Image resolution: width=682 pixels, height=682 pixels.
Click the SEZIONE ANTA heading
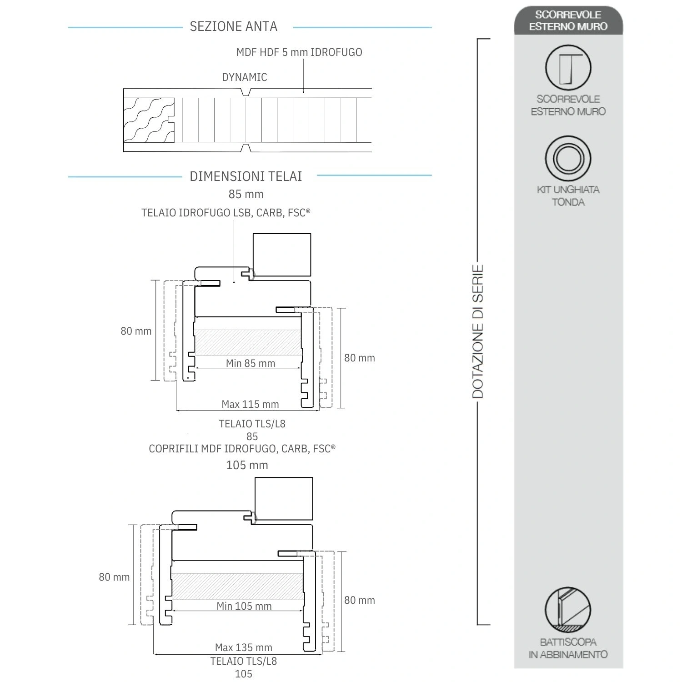click(233, 26)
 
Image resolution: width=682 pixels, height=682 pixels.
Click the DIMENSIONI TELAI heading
click(246, 176)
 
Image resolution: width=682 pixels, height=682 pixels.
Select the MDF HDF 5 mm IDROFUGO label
click(299, 52)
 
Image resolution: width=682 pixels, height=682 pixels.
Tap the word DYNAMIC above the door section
click(244, 77)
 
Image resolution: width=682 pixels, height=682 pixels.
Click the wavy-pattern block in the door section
click(149, 120)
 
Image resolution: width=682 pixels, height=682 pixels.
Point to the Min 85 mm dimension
click(250, 363)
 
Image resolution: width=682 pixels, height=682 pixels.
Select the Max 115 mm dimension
click(250, 404)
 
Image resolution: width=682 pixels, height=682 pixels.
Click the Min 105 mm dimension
click(244, 606)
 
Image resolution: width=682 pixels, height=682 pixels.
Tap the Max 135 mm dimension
click(243, 647)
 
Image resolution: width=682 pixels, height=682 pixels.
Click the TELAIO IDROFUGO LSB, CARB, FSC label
click(226, 213)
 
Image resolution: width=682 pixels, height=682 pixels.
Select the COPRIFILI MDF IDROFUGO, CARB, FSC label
click(242, 449)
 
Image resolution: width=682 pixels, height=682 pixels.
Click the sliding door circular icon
click(568, 68)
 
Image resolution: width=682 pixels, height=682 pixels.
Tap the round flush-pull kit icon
click(568, 158)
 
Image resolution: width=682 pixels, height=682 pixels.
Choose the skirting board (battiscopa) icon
click(568, 610)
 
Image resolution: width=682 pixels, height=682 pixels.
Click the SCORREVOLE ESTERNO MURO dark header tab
click(568, 20)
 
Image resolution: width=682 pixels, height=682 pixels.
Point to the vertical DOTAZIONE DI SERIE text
click(477, 331)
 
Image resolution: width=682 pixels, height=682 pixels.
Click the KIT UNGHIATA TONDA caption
click(568, 196)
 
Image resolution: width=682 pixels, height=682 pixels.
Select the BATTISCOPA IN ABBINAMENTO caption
click(568, 648)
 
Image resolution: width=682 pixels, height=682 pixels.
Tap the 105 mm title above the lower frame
click(247, 465)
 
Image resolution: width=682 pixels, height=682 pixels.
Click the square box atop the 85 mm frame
click(281, 255)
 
